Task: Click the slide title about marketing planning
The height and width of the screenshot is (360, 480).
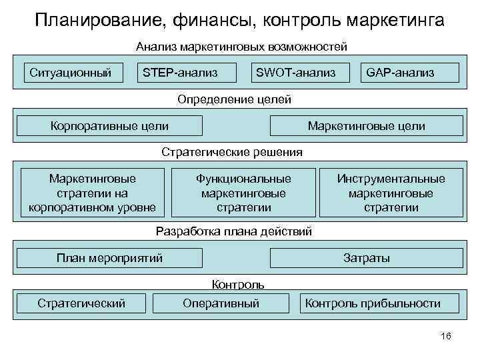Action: [240, 21]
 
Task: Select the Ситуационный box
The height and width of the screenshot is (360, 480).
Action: [70, 72]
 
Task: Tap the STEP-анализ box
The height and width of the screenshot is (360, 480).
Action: [181, 72]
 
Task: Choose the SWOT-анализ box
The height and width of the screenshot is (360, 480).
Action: [295, 72]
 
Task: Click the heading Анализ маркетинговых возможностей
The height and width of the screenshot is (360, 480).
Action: [241, 47]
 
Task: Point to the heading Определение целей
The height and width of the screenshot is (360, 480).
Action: [234, 99]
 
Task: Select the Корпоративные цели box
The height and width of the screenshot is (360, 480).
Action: [109, 125]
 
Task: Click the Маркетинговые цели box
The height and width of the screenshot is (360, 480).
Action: [366, 125]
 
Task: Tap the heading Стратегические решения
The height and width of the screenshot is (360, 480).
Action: [232, 152]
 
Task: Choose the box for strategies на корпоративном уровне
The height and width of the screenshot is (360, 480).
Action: [92, 193]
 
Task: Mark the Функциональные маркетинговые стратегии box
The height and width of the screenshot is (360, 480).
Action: [243, 193]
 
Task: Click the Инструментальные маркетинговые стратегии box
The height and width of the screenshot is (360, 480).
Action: [391, 193]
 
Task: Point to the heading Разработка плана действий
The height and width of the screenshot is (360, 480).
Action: [233, 232]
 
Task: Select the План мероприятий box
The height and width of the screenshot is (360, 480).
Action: [109, 258]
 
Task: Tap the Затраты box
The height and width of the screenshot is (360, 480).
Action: [366, 258]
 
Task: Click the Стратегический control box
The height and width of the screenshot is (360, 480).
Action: [81, 303]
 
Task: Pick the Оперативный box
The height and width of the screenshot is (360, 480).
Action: [221, 303]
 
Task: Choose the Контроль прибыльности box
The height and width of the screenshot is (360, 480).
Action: [373, 303]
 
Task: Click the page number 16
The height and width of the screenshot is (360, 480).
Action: [446, 336]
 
